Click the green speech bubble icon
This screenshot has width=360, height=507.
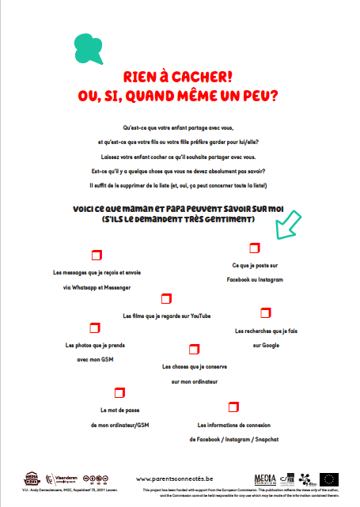[x=89, y=48]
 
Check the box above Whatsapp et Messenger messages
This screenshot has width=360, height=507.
[x=97, y=254]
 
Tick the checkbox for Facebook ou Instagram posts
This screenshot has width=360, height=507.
[x=254, y=248]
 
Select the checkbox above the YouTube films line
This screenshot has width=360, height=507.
[x=166, y=298]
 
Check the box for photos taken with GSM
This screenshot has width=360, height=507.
[x=95, y=327]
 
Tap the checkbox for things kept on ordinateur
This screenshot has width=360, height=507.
[x=193, y=349]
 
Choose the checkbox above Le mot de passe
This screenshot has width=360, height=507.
[x=119, y=392]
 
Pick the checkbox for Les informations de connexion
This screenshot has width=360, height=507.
[x=233, y=407]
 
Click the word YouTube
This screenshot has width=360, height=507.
[x=201, y=316]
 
